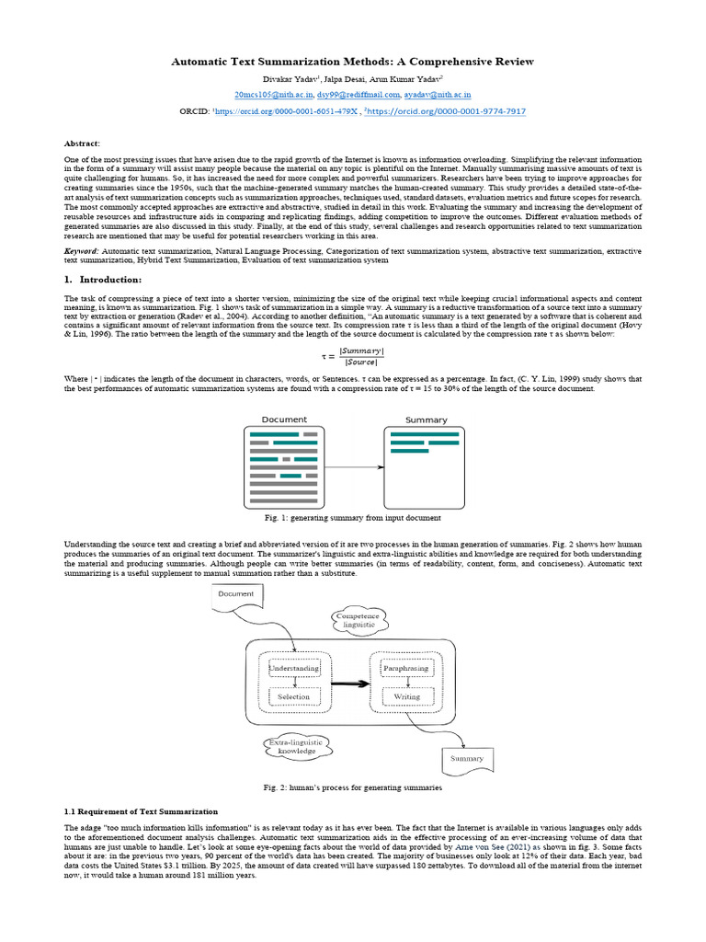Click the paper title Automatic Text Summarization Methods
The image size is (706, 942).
352,62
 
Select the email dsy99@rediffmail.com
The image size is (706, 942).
353,94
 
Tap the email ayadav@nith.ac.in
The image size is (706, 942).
438,94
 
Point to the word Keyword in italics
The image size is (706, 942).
81,251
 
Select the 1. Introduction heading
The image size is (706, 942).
103,280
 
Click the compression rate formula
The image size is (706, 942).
352,356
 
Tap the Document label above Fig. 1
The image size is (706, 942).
285,419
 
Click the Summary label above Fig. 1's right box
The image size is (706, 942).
426,419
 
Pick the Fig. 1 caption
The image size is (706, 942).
353,518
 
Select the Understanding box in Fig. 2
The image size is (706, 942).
294,668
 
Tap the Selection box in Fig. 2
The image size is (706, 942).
294,697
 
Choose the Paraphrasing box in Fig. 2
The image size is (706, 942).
406,668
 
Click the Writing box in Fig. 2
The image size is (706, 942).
406,697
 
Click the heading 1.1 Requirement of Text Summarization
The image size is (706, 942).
141,812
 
